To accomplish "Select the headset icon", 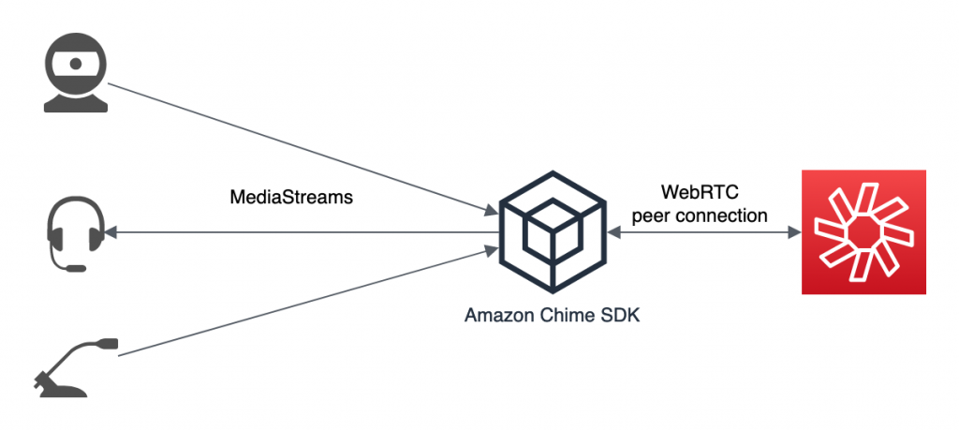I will point(74,233).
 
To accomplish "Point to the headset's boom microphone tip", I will point(77,268).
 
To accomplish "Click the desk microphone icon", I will point(76,370).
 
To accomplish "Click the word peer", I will point(652,215).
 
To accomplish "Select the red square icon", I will point(863,232).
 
